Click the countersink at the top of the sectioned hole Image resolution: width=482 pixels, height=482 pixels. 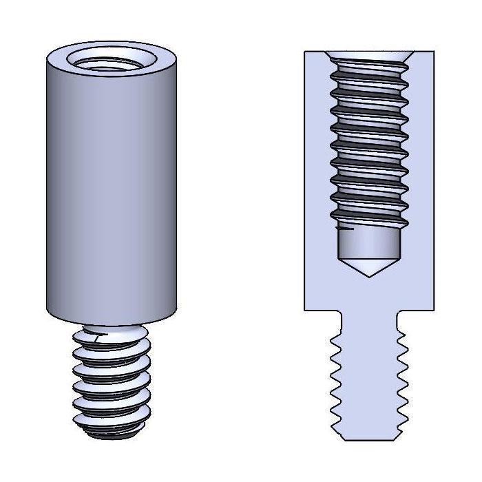click(x=369, y=54)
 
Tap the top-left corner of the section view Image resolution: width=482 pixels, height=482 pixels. click(x=305, y=52)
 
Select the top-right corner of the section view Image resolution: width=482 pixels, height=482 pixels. click(x=434, y=52)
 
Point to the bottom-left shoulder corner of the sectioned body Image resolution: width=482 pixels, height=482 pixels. click(x=305, y=310)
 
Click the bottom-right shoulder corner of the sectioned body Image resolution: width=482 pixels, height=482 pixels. click(x=434, y=310)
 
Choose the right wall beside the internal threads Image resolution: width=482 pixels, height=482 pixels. click(x=421, y=151)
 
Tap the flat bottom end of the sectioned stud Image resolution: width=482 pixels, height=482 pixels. click(x=369, y=439)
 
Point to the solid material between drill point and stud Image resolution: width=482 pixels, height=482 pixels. click(x=369, y=293)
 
